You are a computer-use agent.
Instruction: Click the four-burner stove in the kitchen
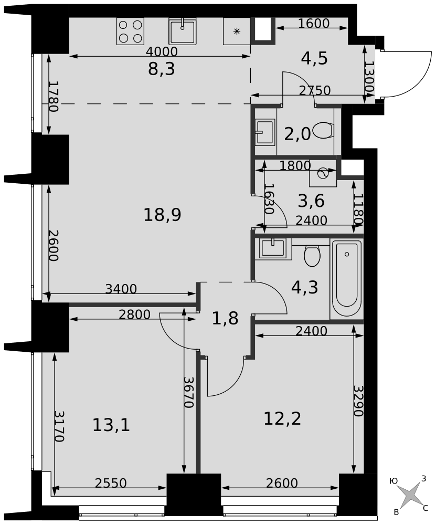pyautogui.click(x=130, y=31)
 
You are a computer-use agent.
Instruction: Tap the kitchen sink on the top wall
pyautogui.click(x=182, y=31)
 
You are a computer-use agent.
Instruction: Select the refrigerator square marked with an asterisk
pyautogui.click(x=237, y=31)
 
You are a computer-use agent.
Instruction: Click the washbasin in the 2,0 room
pyautogui.click(x=265, y=132)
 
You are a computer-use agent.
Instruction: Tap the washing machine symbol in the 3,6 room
pyautogui.click(x=323, y=173)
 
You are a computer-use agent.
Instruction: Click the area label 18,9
pyautogui.click(x=162, y=215)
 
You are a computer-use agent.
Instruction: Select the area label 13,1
pyautogui.click(x=111, y=426)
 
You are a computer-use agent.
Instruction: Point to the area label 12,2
pyautogui.click(x=282, y=418)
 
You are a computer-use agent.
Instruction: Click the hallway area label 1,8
pyautogui.click(x=225, y=319)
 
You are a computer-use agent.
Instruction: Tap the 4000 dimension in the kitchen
pyautogui.click(x=162, y=51)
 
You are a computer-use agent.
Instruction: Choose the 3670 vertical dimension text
pyautogui.click(x=189, y=392)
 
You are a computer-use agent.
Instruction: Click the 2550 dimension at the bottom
pyautogui.click(x=111, y=483)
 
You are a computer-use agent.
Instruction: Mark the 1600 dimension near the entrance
pyautogui.click(x=314, y=24)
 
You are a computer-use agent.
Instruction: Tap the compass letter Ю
pyautogui.click(x=394, y=481)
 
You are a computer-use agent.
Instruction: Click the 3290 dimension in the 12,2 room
pyautogui.click(x=358, y=401)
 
